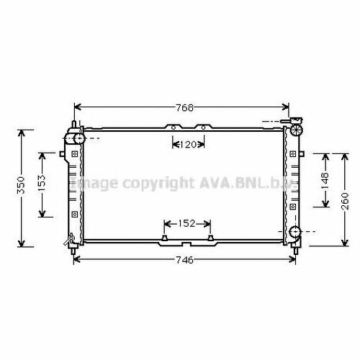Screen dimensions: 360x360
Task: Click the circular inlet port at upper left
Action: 75,137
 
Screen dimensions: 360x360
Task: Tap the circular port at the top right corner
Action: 297,130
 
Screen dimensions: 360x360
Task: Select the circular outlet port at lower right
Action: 297,232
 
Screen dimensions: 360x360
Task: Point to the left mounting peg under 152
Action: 166,238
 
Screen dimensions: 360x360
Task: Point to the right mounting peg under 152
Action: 210,238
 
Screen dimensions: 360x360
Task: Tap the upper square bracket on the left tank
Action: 74,153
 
